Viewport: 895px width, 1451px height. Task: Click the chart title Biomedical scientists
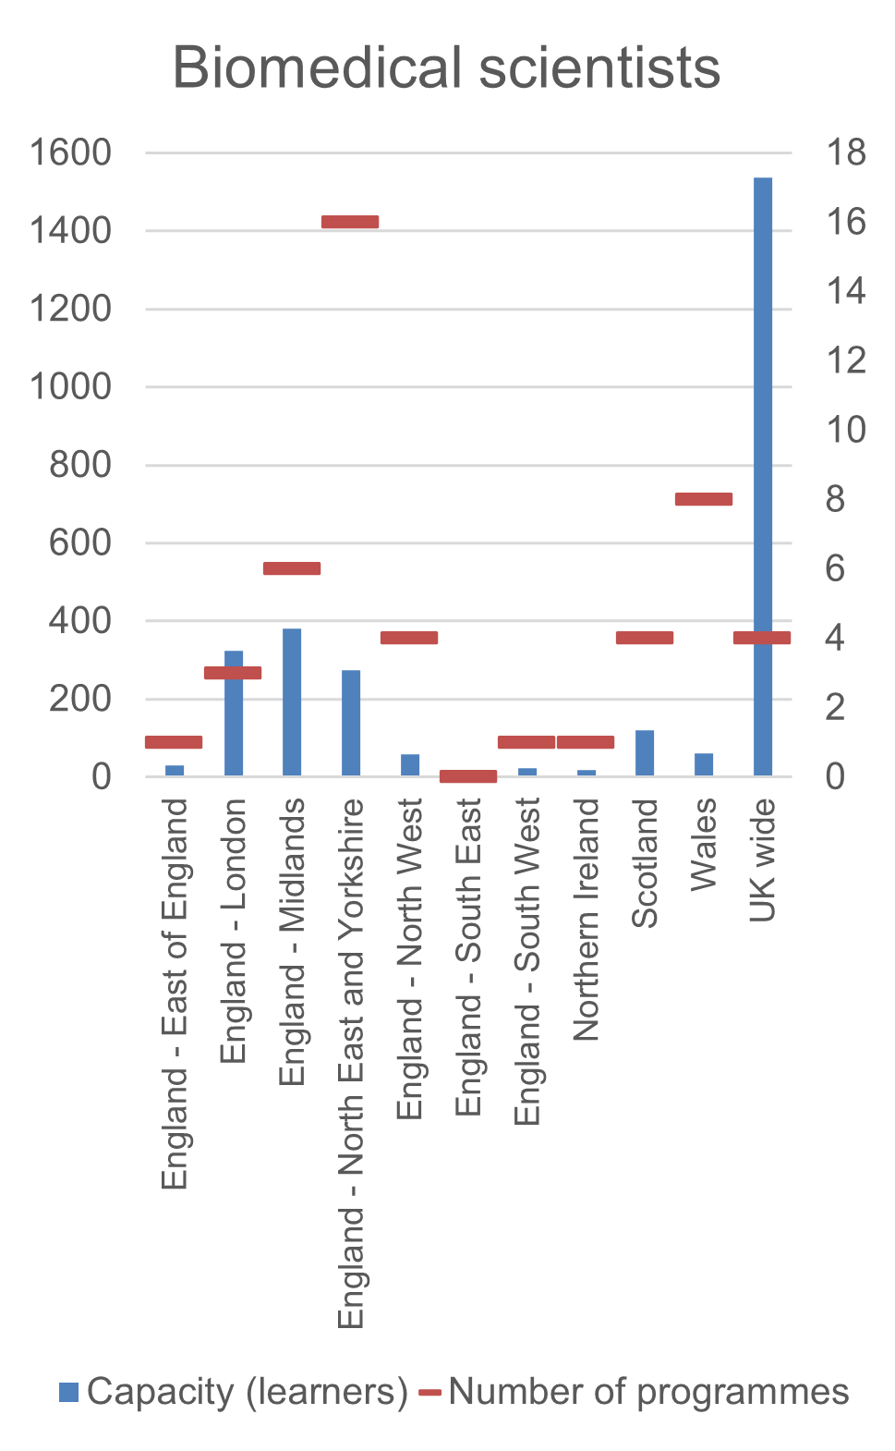[x=446, y=68]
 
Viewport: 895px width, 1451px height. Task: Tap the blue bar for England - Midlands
[x=292, y=702]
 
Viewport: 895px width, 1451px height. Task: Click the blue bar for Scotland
[x=645, y=753]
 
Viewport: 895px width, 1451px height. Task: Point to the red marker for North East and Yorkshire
[x=350, y=222]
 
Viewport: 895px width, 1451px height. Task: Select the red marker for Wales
[x=704, y=499]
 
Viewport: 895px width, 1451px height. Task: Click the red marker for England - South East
[x=468, y=776]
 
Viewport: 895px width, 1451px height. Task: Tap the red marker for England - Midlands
[x=292, y=568]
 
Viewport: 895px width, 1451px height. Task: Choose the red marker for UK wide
[x=762, y=638]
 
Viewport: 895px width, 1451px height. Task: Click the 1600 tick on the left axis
[x=70, y=152]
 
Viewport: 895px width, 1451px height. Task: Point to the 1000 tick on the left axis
[x=70, y=386]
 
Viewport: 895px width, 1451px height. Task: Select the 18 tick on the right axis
[x=846, y=152]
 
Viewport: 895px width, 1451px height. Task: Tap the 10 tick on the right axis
[x=846, y=430]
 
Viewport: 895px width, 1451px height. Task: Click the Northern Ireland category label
[x=587, y=920]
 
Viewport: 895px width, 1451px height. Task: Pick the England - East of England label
[x=175, y=994]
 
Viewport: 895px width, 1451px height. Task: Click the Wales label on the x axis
[x=704, y=845]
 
